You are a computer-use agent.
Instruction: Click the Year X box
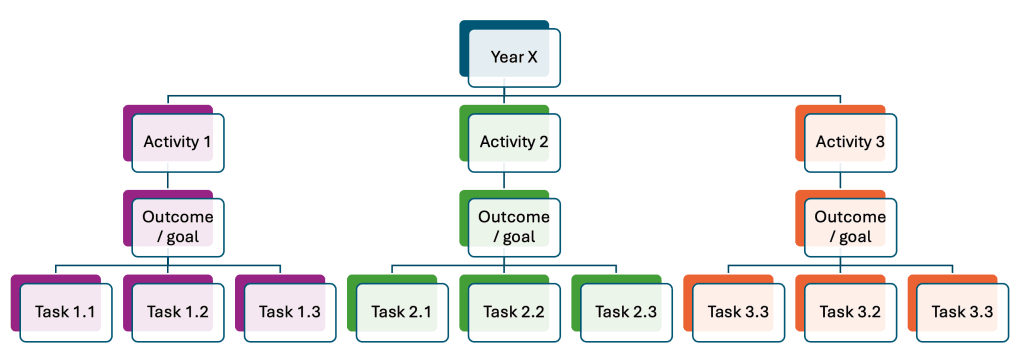tap(514, 58)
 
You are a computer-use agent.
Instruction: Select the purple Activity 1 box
tap(177, 142)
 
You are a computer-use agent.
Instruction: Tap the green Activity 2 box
tap(514, 142)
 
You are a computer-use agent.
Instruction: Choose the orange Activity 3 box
tap(850, 142)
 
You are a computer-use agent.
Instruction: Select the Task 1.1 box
tap(65, 312)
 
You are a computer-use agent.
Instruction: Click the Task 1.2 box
tap(177, 312)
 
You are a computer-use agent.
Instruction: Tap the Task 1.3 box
tap(289, 312)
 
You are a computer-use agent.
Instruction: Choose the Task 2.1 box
tap(402, 312)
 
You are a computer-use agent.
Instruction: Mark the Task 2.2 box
tap(514, 312)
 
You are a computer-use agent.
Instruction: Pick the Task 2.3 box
tap(626, 312)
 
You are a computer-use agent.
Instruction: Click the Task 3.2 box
tap(850, 312)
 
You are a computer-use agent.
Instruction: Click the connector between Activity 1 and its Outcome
tap(168, 180)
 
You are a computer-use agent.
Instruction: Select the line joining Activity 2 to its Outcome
tap(504, 180)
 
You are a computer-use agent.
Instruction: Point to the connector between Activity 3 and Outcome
tap(840, 180)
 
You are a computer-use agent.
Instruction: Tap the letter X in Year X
tap(532, 58)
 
